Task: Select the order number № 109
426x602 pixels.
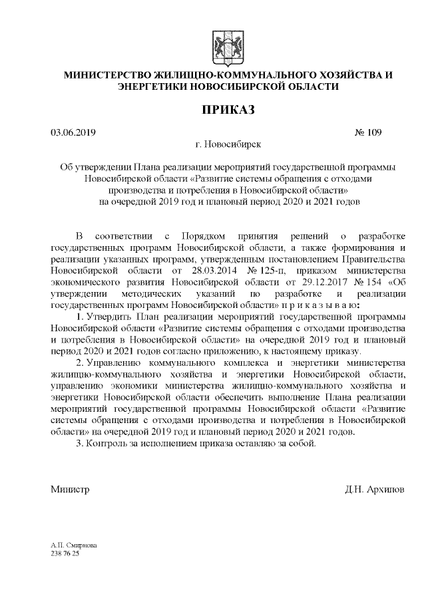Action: click(x=369, y=132)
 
